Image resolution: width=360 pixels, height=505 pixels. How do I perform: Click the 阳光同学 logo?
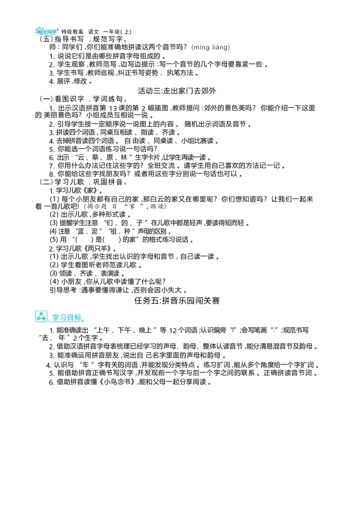pos(47,31)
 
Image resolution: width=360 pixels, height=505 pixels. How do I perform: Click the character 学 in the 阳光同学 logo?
pos(55,31)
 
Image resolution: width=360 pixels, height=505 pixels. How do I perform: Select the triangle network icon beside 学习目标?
pos(41,317)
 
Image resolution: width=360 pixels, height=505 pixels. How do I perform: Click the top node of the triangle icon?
pos(41,313)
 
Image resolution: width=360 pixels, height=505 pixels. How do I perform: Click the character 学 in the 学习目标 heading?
pos(56,317)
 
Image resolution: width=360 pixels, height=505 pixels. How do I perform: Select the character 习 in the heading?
pos(63,317)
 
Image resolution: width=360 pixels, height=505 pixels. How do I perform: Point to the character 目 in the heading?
pos(71,317)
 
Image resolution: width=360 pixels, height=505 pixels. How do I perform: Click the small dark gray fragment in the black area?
pos(232,329)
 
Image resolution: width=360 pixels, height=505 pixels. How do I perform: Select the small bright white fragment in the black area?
pos(274,329)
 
